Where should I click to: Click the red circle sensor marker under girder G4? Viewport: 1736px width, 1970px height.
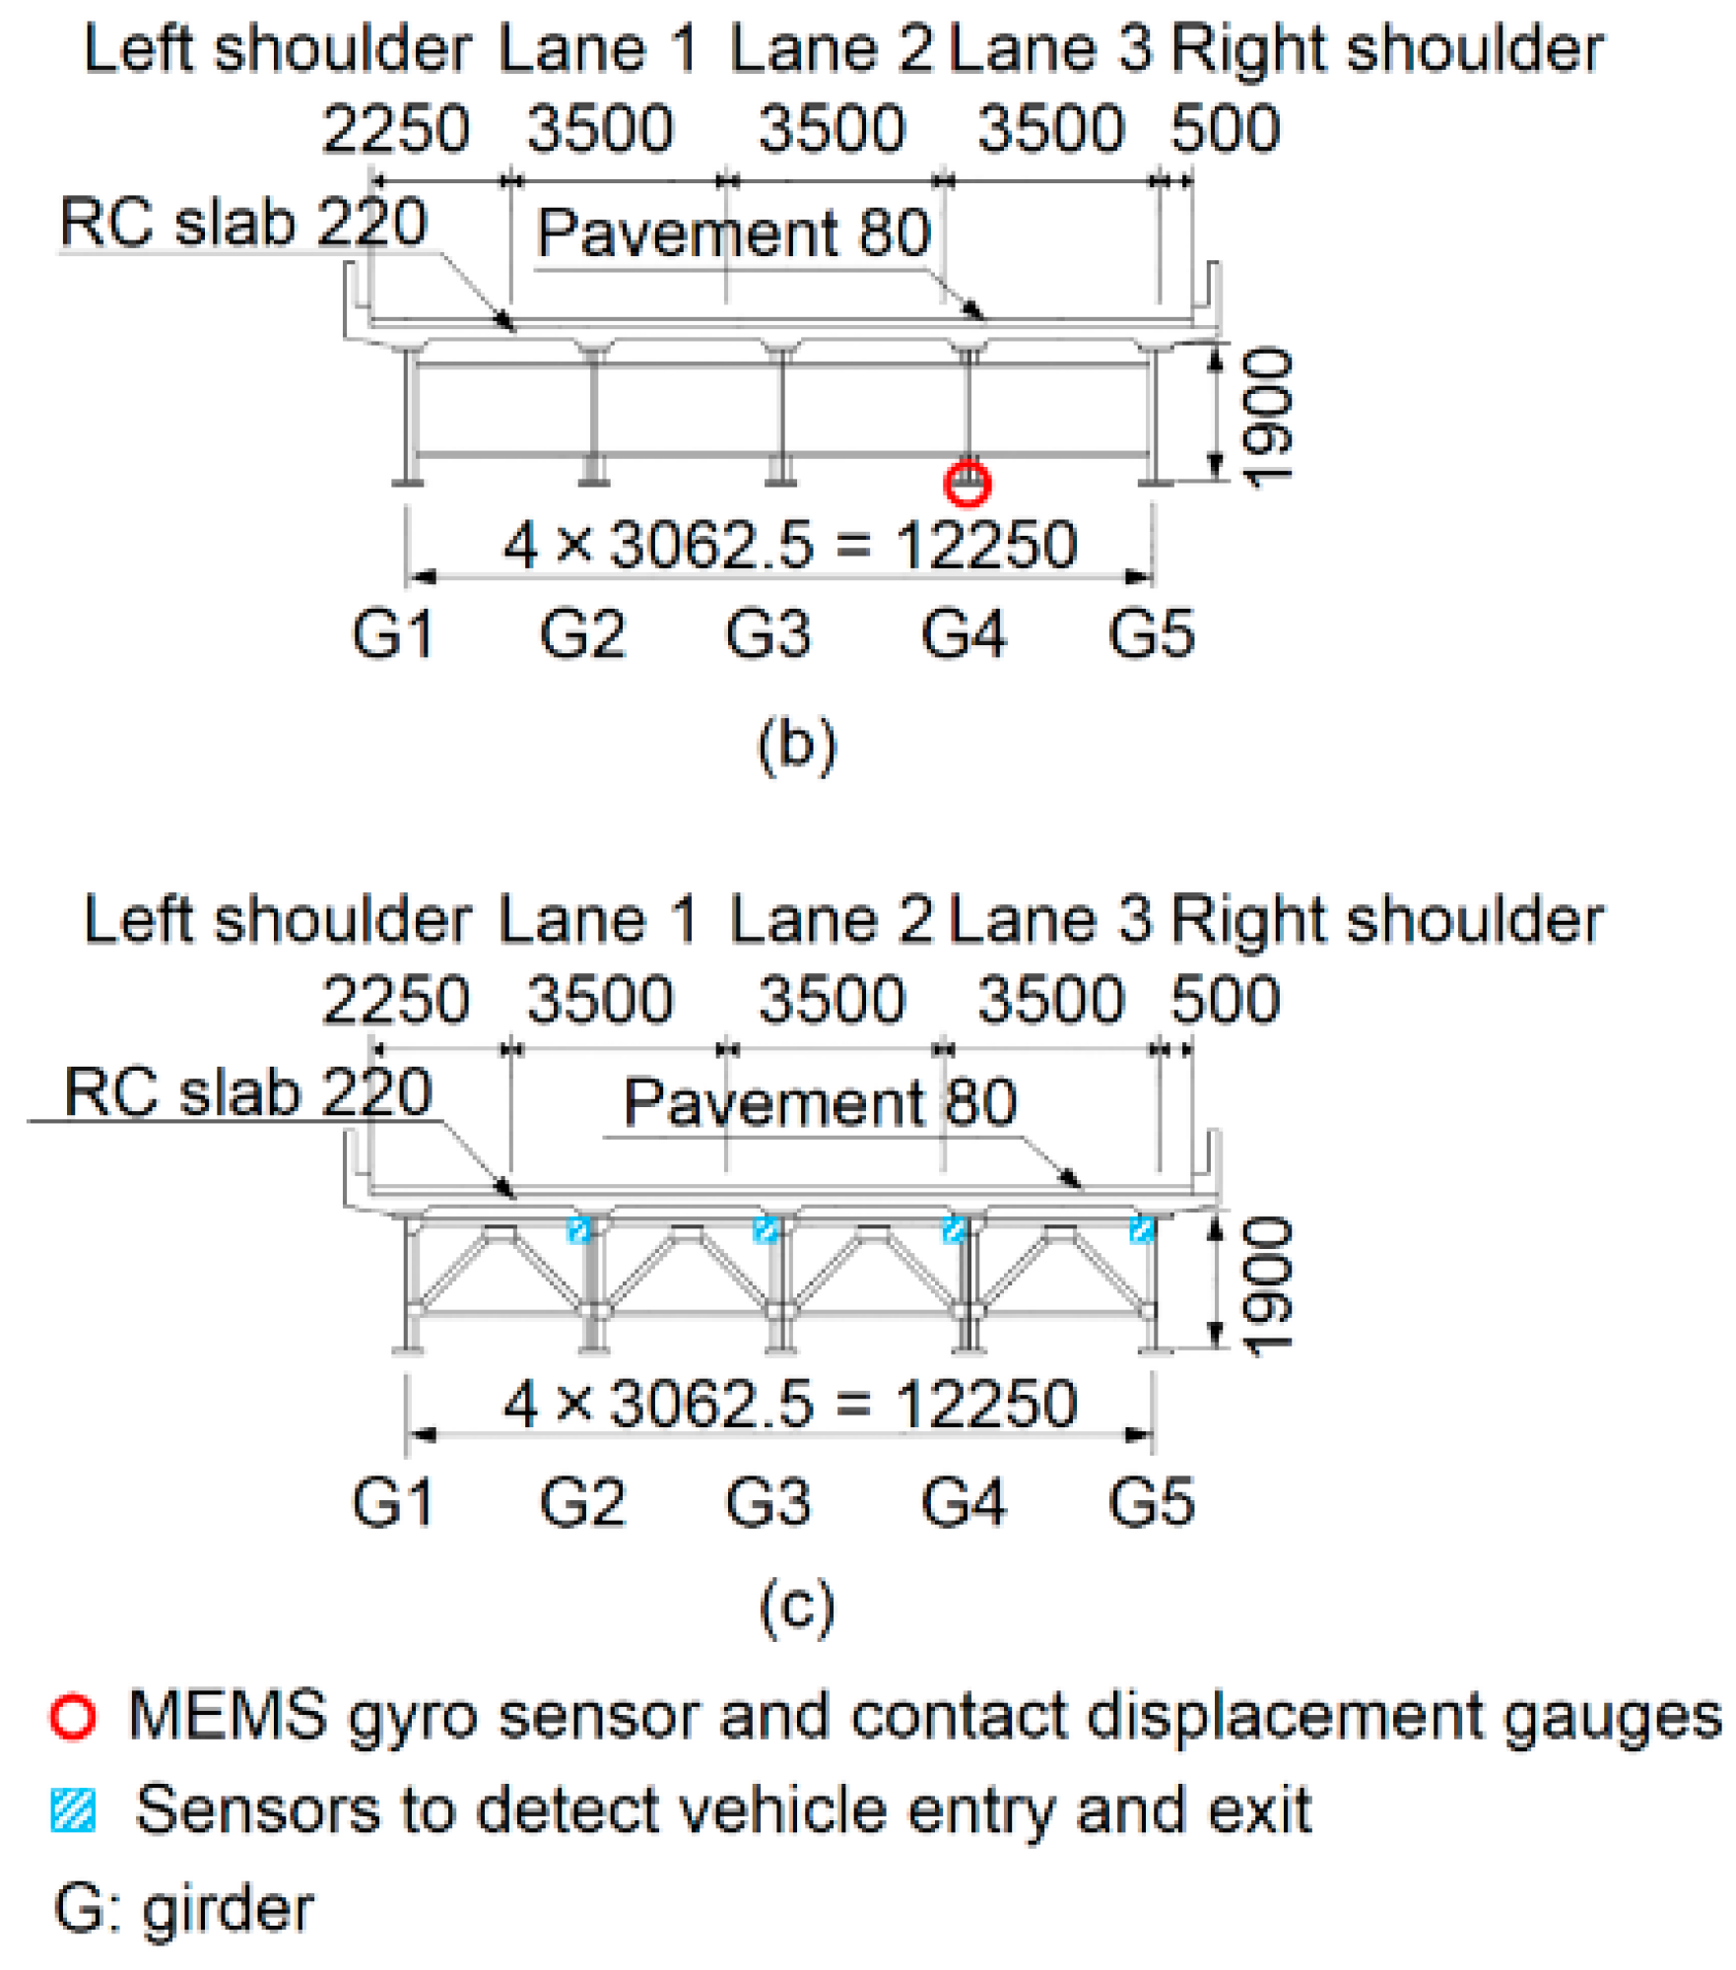(x=967, y=484)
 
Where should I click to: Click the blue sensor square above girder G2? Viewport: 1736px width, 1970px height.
(x=579, y=1230)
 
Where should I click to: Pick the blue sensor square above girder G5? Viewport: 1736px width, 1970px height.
(x=1142, y=1230)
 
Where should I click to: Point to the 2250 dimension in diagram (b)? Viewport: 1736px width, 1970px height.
(x=395, y=129)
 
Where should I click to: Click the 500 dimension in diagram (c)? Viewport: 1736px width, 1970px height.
(x=1225, y=1000)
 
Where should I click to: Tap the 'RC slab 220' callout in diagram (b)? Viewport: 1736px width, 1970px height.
(x=243, y=222)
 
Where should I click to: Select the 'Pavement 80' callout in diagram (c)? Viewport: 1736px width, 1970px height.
(x=820, y=1102)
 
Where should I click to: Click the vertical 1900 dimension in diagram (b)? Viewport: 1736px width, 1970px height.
(x=1268, y=418)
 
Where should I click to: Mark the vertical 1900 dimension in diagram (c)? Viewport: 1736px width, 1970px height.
(x=1268, y=1286)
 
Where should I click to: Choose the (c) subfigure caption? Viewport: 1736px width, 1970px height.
(x=797, y=1608)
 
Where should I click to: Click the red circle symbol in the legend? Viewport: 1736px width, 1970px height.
(x=73, y=1717)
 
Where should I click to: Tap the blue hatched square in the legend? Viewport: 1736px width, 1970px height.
(x=73, y=1810)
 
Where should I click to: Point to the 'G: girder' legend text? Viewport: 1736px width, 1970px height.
(x=184, y=1908)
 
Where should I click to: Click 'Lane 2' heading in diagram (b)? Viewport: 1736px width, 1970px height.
(x=831, y=49)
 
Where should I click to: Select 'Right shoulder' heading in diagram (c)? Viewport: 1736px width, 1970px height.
(x=1387, y=920)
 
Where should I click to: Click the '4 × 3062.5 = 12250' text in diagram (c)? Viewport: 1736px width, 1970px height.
(x=790, y=1404)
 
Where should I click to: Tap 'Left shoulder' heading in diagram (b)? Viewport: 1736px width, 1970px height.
(x=278, y=49)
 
